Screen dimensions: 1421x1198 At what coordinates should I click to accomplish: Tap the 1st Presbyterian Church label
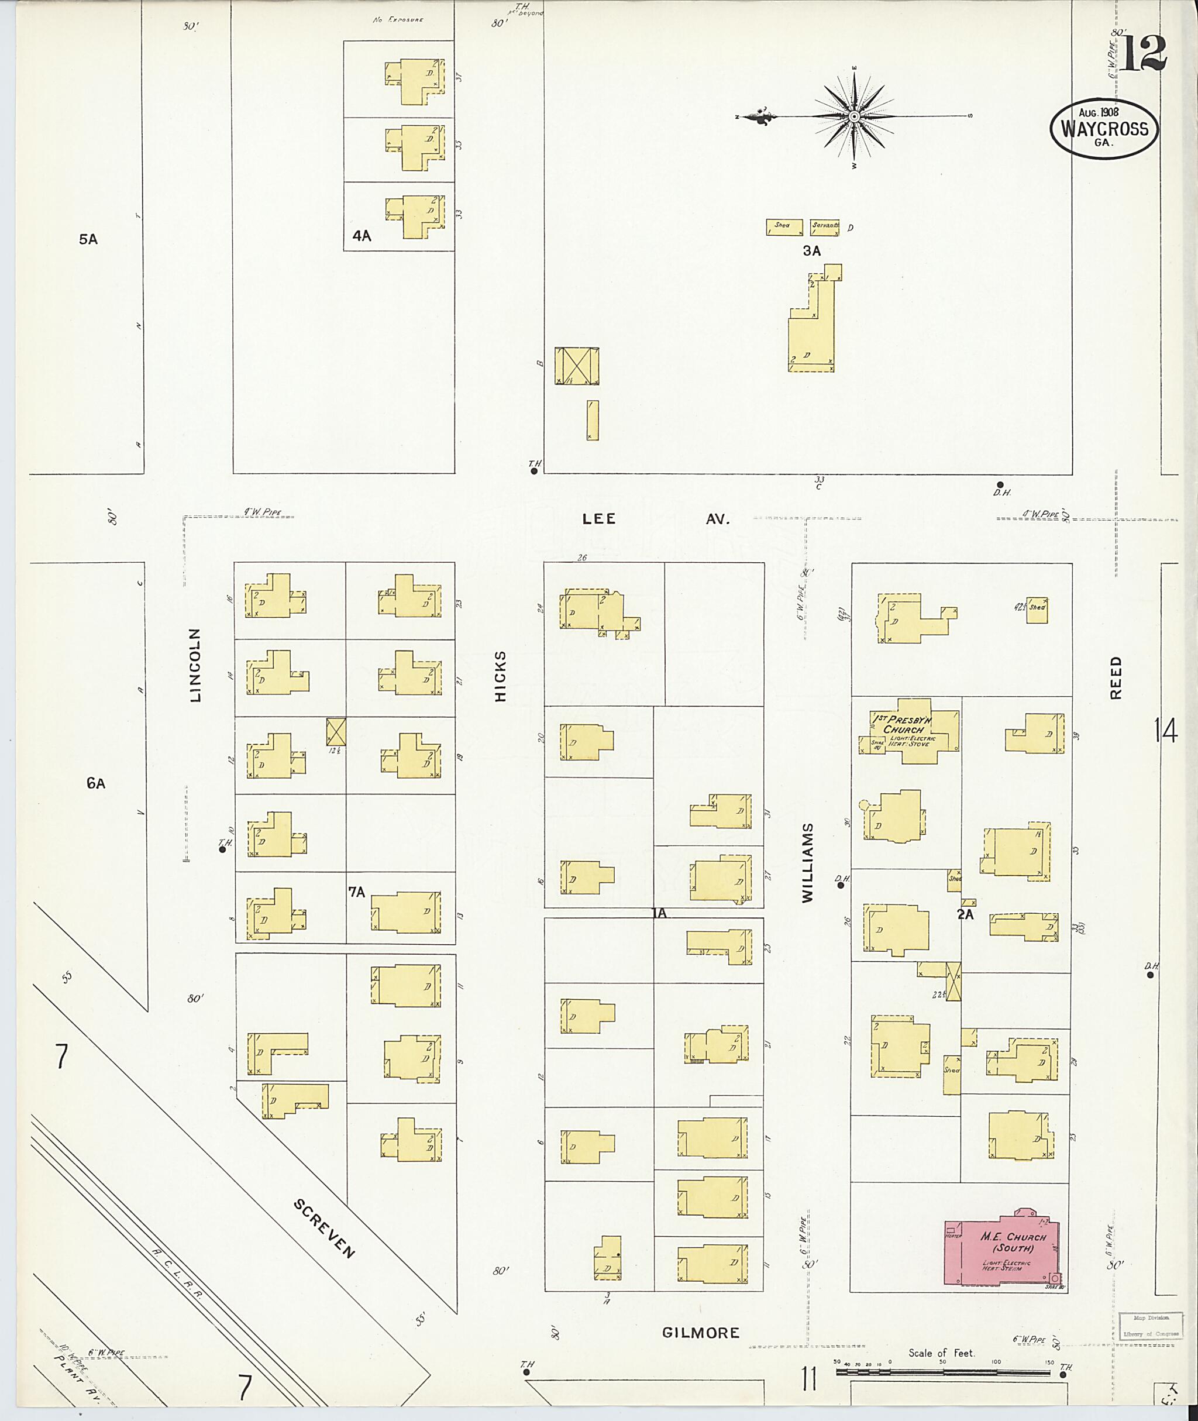coord(903,724)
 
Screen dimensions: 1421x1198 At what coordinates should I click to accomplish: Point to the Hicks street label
coord(501,676)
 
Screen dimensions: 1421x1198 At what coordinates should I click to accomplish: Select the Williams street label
coord(807,863)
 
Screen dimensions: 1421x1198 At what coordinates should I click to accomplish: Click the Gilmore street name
coord(700,1333)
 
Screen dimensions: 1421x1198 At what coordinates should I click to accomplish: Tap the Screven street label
coord(324,1228)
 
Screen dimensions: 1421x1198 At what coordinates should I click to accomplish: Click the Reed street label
coord(1117,678)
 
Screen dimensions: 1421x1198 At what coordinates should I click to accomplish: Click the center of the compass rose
coord(855,117)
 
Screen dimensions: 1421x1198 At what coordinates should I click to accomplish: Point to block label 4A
coord(362,236)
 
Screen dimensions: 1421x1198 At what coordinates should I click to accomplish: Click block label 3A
coord(811,250)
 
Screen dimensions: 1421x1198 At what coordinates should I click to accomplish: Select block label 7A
coord(357,893)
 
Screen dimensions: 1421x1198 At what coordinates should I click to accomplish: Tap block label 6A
coord(96,783)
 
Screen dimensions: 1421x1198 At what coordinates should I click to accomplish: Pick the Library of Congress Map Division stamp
coord(1151,1325)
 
